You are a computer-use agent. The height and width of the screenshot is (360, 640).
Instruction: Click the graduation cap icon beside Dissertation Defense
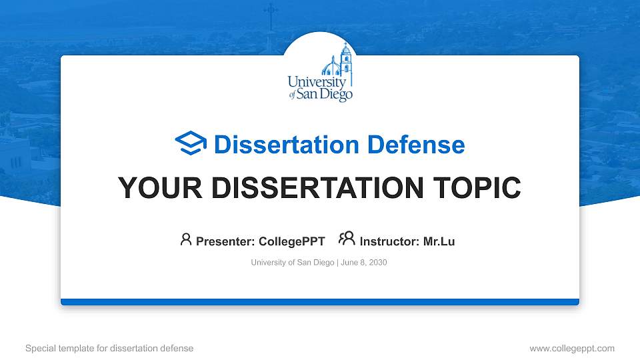tap(191, 143)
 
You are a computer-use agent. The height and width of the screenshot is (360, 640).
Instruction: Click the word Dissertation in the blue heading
tap(287, 145)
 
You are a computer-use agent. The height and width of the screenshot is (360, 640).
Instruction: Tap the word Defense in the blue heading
tap(416, 145)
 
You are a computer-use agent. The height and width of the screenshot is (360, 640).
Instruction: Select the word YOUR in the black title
tap(160, 188)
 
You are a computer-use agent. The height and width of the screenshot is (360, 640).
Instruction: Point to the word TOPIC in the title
tap(477, 188)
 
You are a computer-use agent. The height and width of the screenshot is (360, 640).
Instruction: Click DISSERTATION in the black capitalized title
tap(317, 188)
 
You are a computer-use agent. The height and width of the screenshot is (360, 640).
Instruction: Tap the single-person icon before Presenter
tap(186, 239)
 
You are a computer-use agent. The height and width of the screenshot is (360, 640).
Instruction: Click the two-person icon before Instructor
tap(347, 239)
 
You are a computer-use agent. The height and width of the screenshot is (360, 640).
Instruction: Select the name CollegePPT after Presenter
tap(292, 241)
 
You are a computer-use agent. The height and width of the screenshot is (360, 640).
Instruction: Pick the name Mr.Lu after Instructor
tap(439, 241)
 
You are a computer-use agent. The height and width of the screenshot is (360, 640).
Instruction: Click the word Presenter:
tap(225, 241)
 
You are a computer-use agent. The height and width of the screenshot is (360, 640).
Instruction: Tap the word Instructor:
tap(389, 241)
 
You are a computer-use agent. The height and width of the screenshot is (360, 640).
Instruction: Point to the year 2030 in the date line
tap(378, 263)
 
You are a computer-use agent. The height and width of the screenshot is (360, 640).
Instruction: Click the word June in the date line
tap(349, 263)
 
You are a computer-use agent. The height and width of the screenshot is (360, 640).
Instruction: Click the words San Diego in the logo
tap(325, 94)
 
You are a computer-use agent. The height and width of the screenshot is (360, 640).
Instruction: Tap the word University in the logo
tap(317, 82)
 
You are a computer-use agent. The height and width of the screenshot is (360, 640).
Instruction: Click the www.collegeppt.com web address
tap(572, 349)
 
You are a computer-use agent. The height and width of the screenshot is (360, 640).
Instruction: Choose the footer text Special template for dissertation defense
tap(109, 348)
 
